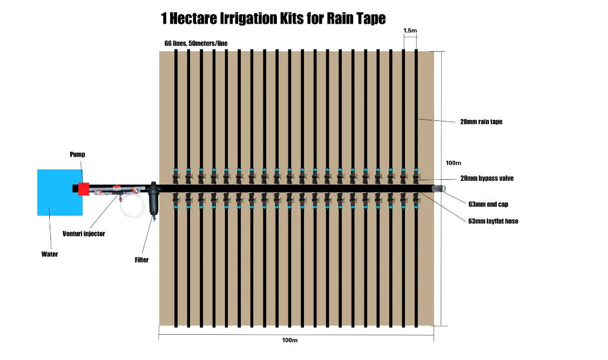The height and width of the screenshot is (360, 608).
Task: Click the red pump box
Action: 83,189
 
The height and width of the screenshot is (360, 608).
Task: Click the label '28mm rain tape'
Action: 481,122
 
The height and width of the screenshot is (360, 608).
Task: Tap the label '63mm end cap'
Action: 488,205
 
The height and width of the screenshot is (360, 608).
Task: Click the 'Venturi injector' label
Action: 84,234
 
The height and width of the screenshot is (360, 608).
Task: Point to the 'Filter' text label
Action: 141,260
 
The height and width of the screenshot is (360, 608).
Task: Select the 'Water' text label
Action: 50,254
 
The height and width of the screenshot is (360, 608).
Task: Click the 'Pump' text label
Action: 77,155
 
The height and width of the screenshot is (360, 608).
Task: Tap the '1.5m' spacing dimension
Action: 410,31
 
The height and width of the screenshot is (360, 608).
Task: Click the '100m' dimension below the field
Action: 290,341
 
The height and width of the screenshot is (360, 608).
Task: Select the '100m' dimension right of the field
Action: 454,162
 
